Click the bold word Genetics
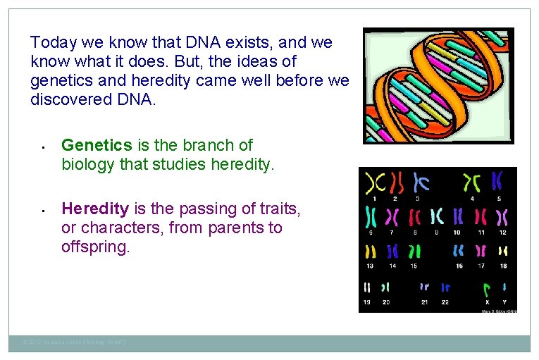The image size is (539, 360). [97, 145]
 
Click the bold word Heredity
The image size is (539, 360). [95, 209]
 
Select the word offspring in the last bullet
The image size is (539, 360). [95, 248]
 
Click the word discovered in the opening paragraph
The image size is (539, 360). [68, 99]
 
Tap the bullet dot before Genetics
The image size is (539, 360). [42, 147]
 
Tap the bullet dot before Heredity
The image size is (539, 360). [42, 210]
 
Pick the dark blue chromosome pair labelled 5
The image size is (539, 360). [497, 181]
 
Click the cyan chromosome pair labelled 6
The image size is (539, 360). [370, 216]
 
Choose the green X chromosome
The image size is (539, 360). [486, 289]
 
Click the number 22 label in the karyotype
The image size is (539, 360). [445, 302]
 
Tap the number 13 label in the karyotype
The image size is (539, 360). [370, 266]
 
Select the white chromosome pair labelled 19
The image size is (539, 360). [367, 287]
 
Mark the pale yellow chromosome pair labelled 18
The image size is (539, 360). [503, 251]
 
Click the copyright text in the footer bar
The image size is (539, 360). [75, 343]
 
